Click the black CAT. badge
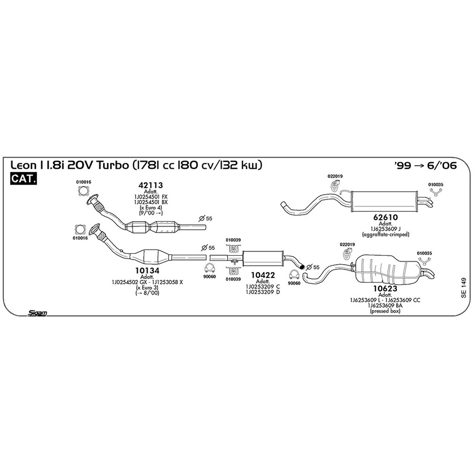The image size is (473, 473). coord(23,179)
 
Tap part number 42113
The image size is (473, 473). coord(151,185)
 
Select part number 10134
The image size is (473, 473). coord(147,270)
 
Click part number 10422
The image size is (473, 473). coord(263,275)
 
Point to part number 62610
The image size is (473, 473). coord(385,217)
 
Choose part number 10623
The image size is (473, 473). coord(385,289)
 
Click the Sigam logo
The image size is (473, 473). coord(37,313)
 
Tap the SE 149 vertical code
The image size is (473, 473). coord(463,288)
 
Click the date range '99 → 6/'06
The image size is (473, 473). coord(425,166)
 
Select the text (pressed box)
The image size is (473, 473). coord(385,311)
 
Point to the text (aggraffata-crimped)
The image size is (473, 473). coord(385,235)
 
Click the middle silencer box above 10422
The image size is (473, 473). coord(263,259)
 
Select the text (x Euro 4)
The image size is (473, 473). coord(151,208)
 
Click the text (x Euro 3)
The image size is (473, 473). coord(147,287)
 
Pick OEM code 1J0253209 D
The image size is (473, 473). coord(263,292)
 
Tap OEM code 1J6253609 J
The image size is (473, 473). coord(385,229)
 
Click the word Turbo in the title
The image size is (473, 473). coord(113,166)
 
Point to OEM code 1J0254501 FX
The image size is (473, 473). coord(151,197)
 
